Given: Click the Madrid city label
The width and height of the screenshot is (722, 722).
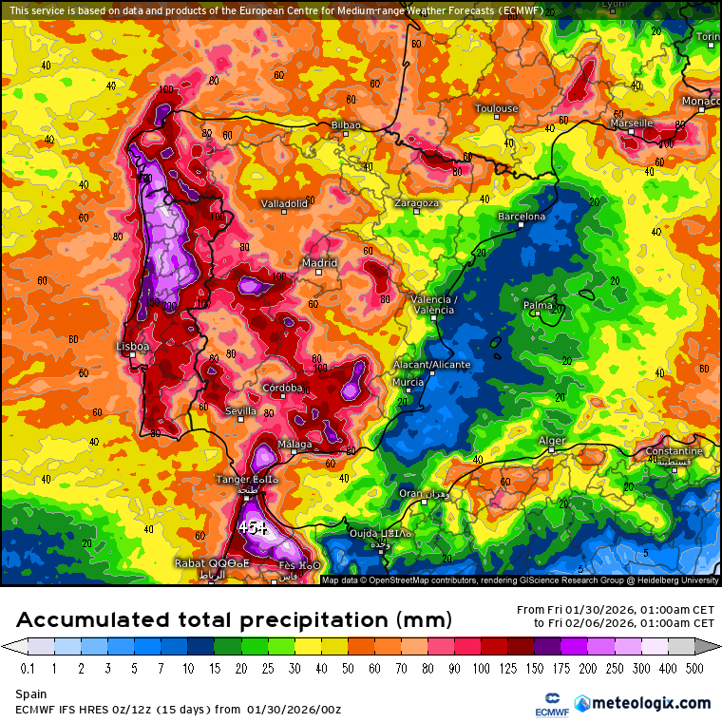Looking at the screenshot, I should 319,263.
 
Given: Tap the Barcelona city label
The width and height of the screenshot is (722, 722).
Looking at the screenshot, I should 522,217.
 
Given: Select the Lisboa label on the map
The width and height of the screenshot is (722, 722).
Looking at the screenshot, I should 133,347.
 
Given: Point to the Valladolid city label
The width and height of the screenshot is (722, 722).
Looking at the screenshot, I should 285,203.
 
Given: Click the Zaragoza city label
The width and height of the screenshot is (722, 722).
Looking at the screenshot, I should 416,202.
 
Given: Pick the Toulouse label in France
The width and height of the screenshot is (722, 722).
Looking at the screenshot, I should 496,108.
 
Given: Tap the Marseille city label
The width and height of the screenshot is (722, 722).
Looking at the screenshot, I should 631,123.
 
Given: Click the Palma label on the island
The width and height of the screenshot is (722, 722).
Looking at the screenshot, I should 539,305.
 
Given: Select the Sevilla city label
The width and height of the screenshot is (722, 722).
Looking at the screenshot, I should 240,411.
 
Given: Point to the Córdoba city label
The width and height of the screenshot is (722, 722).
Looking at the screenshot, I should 283,388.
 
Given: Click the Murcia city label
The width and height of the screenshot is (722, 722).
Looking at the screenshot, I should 408,382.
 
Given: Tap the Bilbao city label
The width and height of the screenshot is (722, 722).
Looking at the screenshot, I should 346,124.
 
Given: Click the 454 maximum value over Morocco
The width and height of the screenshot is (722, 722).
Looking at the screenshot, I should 254,526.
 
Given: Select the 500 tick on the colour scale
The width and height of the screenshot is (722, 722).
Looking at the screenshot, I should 695,668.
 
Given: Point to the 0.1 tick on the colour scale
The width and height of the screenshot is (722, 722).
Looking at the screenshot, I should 27,668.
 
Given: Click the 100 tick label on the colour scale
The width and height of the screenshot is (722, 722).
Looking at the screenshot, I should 482,668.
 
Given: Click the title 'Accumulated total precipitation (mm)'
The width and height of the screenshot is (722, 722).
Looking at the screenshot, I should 234,620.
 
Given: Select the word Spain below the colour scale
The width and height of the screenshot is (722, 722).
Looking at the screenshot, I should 30,694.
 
